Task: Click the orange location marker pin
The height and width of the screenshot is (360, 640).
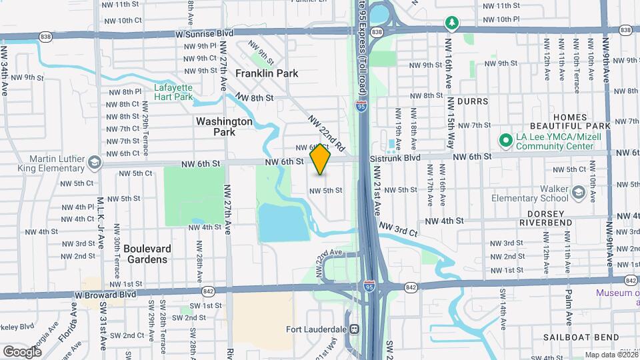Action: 321,159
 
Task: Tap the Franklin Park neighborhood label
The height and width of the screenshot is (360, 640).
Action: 267,73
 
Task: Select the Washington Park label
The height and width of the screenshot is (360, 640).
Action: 224,127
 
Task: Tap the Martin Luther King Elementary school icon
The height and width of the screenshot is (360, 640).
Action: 95,162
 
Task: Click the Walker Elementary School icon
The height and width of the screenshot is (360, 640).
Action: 577,193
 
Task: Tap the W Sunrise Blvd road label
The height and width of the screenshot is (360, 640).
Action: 205,32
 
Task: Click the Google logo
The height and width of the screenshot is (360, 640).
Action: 22,351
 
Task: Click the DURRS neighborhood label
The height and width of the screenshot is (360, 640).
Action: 473,102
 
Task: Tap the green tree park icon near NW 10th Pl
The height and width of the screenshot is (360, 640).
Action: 453,23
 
